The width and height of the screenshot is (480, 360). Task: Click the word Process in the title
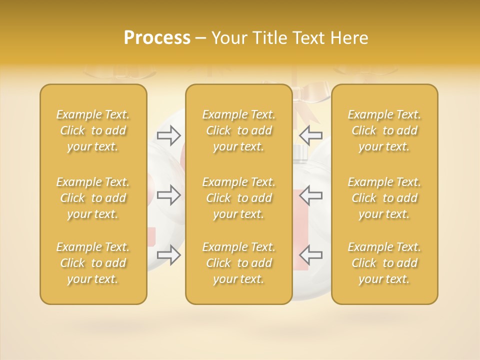pos(157,38)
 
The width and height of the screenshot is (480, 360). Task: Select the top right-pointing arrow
pos(169,135)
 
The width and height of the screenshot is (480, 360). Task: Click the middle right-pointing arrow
pos(169,195)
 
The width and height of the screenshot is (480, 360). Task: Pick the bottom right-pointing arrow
pos(169,255)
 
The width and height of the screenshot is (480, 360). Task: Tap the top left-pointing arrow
pos(311,135)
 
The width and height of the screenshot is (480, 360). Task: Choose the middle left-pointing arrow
pos(311,195)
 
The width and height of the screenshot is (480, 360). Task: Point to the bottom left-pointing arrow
pos(311,255)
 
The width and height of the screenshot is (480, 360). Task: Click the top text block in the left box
pos(93,130)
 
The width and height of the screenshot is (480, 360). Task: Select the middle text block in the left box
pos(93,198)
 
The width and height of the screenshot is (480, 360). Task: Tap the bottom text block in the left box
pos(93,263)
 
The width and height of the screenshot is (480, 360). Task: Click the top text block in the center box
pos(239,130)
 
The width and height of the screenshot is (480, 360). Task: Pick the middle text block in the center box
pos(239,198)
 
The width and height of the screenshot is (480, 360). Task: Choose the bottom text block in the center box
pos(239,263)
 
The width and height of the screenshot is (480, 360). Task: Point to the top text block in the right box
pos(384,130)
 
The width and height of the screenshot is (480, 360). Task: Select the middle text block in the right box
pos(384,198)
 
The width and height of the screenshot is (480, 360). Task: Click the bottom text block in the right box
pos(384,263)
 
